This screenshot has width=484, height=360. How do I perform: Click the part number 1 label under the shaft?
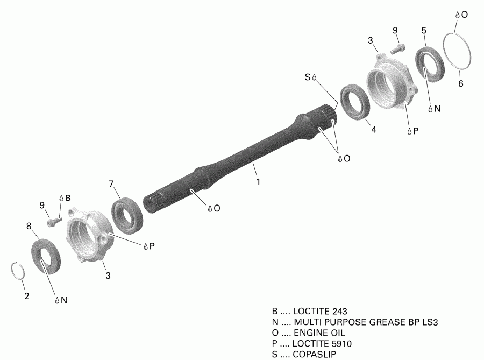[x=258, y=182]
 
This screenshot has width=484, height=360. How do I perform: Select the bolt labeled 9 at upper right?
[x=397, y=48]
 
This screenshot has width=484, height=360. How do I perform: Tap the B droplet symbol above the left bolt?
[x=61, y=197]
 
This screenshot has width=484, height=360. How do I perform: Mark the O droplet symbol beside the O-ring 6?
[x=457, y=15]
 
